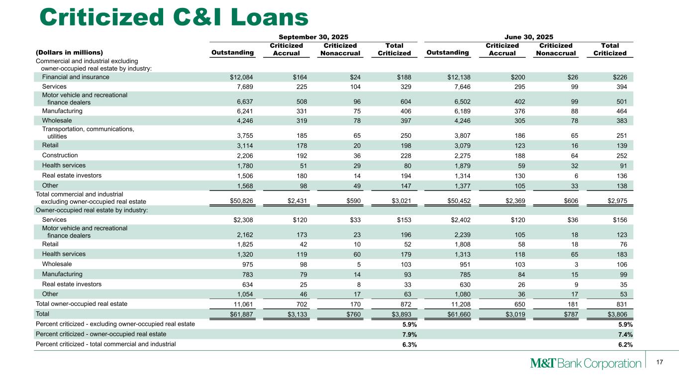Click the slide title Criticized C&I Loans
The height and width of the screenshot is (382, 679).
[x=174, y=17]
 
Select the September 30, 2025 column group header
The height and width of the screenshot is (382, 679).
[x=313, y=37]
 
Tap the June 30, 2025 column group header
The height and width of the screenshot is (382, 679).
[x=529, y=37]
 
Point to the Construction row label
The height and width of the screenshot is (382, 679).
[x=59, y=155]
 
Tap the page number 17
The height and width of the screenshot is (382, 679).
[x=660, y=362]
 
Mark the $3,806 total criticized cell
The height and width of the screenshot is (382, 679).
[x=615, y=314]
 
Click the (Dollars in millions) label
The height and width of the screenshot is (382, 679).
[x=69, y=52]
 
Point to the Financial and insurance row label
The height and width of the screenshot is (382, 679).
[x=76, y=77]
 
